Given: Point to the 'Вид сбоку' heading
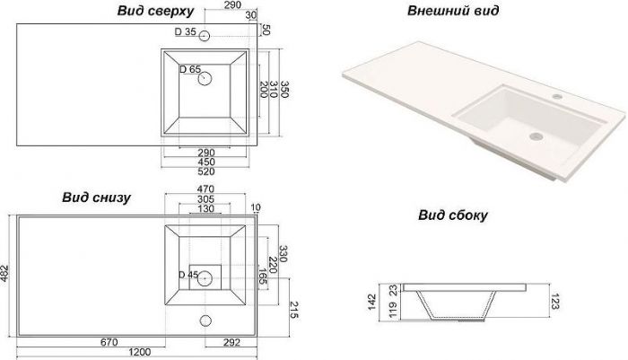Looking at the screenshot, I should point(452,215).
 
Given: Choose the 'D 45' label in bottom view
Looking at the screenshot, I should point(188,275).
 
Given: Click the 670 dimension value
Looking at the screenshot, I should point(109,342).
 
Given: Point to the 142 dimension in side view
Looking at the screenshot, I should point(371,301).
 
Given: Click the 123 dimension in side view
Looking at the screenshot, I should point(556,302).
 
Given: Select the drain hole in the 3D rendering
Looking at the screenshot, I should point(536,136).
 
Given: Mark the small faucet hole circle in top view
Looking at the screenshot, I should point(205,37).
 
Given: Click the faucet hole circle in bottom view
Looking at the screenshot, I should point(206,320).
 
